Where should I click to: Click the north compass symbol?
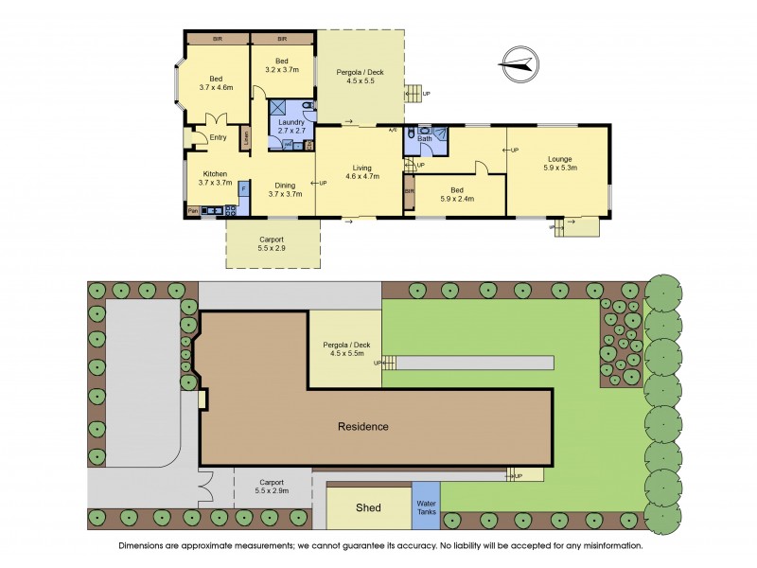coord(518,63)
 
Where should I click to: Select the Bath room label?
coord(426,140)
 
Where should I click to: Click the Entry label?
coord(218,137)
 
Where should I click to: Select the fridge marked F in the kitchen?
coord(242,189)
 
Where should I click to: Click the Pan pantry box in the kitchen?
coord(193,210)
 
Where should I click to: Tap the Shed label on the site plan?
coord(368,508)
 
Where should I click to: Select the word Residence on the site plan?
coord(363,427)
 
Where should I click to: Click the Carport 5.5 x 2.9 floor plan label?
coord(273,244)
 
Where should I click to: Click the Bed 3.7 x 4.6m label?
coord(216,82)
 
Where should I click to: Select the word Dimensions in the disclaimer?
coord(146,546)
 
